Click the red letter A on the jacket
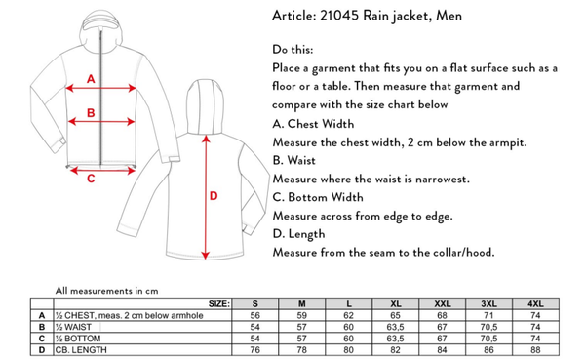(x=91, y=79)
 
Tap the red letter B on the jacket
(x=91, y=113)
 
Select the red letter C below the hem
(x=91, y=179)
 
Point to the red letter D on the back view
(x=214, y=196)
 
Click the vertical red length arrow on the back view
(x=206, y=197)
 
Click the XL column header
(x=396, y=304)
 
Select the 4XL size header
(x=535, y=304)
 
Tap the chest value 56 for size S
(x=255, y=315)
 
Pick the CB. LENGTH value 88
(x=535, y=350)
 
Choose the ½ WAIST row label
(x=73, y=327)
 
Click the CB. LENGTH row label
(x=81, y=350)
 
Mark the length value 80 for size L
(x=348, y=350)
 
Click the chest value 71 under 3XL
(x=488, y=315)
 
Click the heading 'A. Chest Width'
(x=313, y=124)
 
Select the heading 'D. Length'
(x=298, y=234)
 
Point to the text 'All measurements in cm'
(x=106, y=291)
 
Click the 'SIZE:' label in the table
(x=219, y=304)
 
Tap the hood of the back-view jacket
(x=205, y=106)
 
